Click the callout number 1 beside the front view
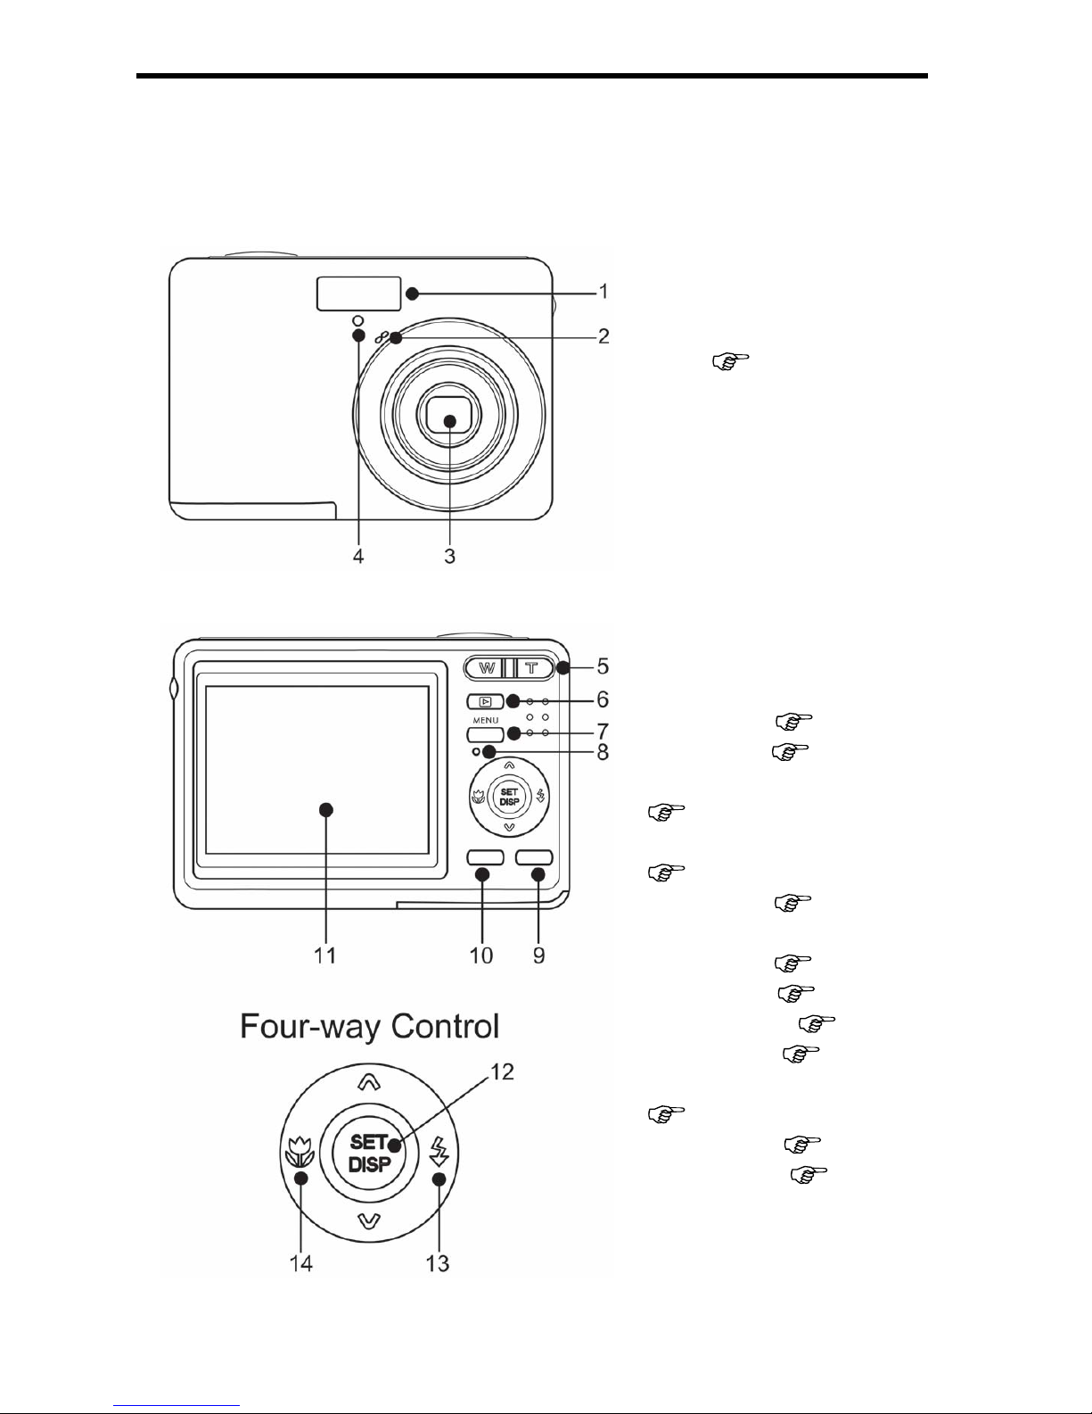pos(603,291)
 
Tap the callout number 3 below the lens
pos(450,556)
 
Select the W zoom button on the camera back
pos(486,667)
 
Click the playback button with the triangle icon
pos(485,701)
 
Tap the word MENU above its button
pos(486,720)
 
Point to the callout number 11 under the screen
pos(325,955)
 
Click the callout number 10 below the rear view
pos(481,955)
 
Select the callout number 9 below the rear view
pos(538,955)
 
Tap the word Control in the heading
pos(445,1026)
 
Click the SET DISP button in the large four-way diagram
pos(369,1154)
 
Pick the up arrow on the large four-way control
pos(369,1081)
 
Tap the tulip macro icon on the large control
pos(300,1152)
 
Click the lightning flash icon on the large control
pos(440,1151)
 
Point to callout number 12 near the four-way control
pos(502,1071)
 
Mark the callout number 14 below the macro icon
pos(301,1263)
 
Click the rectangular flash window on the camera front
pos(358,294)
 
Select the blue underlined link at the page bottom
pos(177,1405)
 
